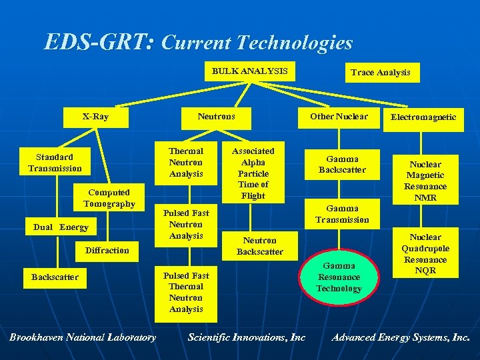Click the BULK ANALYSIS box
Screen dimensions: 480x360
pyautogui.click(x=250, y=71)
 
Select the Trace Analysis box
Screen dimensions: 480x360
pyautogui.click(x=380, y=73)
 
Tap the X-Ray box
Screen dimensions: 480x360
pyautogui.click(x=96, y=117)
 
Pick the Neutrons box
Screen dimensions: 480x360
pyautogui.click(x=216, y=117)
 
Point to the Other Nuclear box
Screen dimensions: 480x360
pyautogui.click(x=339, y=117)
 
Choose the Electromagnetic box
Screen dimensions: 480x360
pyautogui.click(x=423, y=117)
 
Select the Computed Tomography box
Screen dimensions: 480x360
pyautogui.click(x=109, y=198)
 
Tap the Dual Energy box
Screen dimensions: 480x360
pyautogui.click(x=61, y=227)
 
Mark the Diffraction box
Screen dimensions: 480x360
pyautogui.click(x=107, y=251)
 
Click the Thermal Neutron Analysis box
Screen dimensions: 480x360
pyautogui.click(x=186, y=163)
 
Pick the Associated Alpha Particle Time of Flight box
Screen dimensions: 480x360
pyautogui.click(x=253, y=173)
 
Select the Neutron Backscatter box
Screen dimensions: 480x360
pyautogui.click(x=259, y=246)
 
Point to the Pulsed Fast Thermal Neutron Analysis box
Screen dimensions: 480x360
pyautogui.click(x=186, y=292)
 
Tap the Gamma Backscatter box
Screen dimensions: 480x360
pyautogui.click(x=342, y=165)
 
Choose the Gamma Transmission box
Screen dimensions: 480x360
pyautogui.click(x=342, y=214)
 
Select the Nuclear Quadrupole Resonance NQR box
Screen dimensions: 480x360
pyautogui.click(x=425, y=254)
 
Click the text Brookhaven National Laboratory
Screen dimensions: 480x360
pyautogui.click(x=83, y=337)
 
